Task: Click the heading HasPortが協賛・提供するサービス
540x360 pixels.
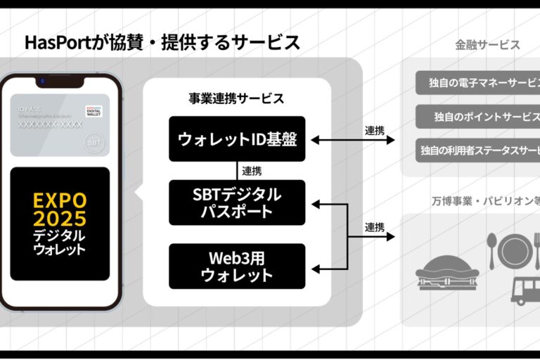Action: (x=162, y=42)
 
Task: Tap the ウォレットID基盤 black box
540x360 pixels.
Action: (x=237, y=139)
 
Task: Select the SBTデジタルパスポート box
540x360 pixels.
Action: (x=237, y=202)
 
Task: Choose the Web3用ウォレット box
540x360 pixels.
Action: (x=237, y=266)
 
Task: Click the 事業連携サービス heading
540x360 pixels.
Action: (x=237, y=98)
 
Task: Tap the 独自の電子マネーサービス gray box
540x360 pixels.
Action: (x=478, y=83)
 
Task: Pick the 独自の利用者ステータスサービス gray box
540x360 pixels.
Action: (x=478, y=150)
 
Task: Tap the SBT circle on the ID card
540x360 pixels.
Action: (x=93, y=141)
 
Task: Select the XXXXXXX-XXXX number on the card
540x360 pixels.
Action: (x=50, y=124)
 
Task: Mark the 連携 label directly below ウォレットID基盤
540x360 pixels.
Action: (x=252, y=170)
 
